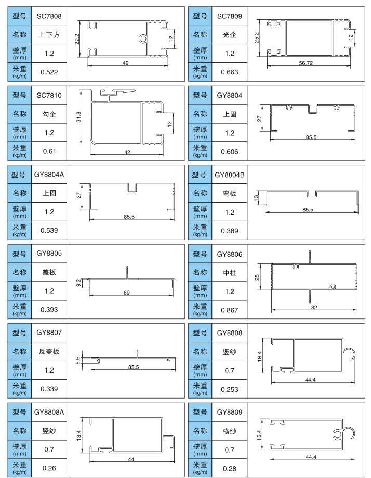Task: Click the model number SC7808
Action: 49,17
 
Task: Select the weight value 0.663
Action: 229,72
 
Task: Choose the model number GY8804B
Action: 229,175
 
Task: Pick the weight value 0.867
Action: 229,310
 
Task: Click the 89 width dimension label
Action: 126,293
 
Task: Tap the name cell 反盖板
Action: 49,352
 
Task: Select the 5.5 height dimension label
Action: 78,360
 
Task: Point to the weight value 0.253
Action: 229,389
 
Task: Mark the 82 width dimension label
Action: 314,308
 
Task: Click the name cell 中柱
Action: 229,272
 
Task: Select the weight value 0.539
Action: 49,230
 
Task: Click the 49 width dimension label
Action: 126,63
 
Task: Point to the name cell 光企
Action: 229,35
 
